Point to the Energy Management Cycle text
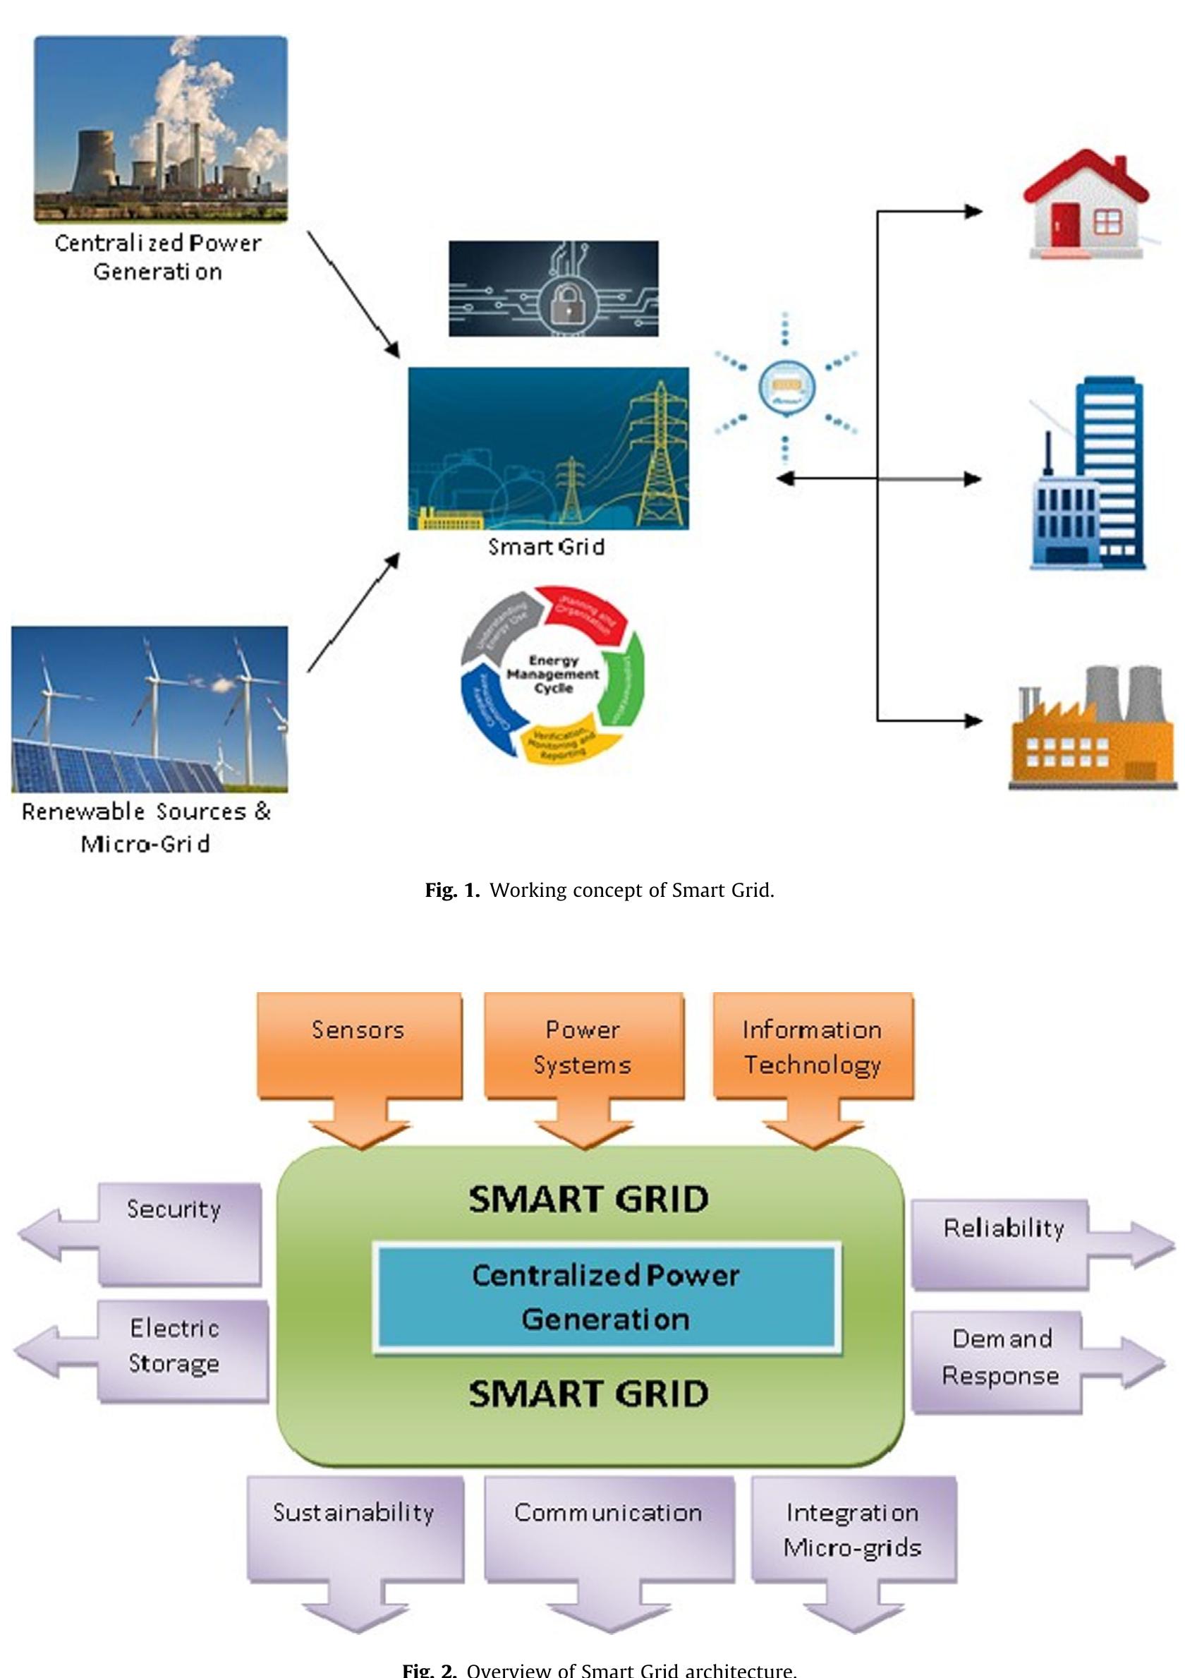click(x=553, y=674)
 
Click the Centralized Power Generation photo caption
click(x=158, y=258)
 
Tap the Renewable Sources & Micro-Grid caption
click(x=146, y=827)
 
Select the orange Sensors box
click(x=359, y=1046)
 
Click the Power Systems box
click(x=583, y=1046)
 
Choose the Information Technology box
click(x=813, y=1046)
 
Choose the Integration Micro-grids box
click(x=853, y=1529)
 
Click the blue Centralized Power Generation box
click(x=607, y=1297)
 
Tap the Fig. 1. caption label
click(x=452, y=891)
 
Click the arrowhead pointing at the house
click(x=973, y=212)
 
